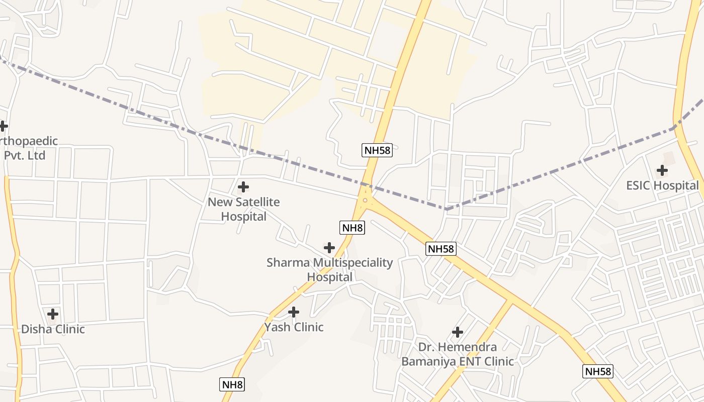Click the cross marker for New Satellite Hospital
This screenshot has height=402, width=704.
[243, 187]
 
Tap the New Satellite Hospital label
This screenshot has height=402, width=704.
[244, 209]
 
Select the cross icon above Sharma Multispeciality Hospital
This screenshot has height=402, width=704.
[329, 248]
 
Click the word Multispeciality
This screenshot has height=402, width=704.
[353, 263]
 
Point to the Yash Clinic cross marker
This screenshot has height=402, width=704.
[294, 312]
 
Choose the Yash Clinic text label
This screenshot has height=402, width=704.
[294, 327]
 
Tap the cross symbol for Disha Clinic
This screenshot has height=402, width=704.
[53, 315]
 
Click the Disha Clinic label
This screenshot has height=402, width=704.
[53, 329]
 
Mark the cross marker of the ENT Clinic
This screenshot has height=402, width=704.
[458, 332]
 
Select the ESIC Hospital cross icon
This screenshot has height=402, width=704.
[662, 170]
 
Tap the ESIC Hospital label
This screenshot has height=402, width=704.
[662, 185]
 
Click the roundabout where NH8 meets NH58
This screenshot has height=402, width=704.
[365, 200]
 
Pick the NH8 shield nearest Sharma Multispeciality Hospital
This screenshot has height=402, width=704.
[353, 228]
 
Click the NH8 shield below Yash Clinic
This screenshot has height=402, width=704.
[232, 385]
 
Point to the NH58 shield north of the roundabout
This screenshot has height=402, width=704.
[377, 150]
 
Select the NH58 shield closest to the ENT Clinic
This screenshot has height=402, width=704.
[441, 248]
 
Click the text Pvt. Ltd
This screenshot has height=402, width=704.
[25, 155]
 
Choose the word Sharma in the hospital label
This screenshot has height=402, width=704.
[288, 263]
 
